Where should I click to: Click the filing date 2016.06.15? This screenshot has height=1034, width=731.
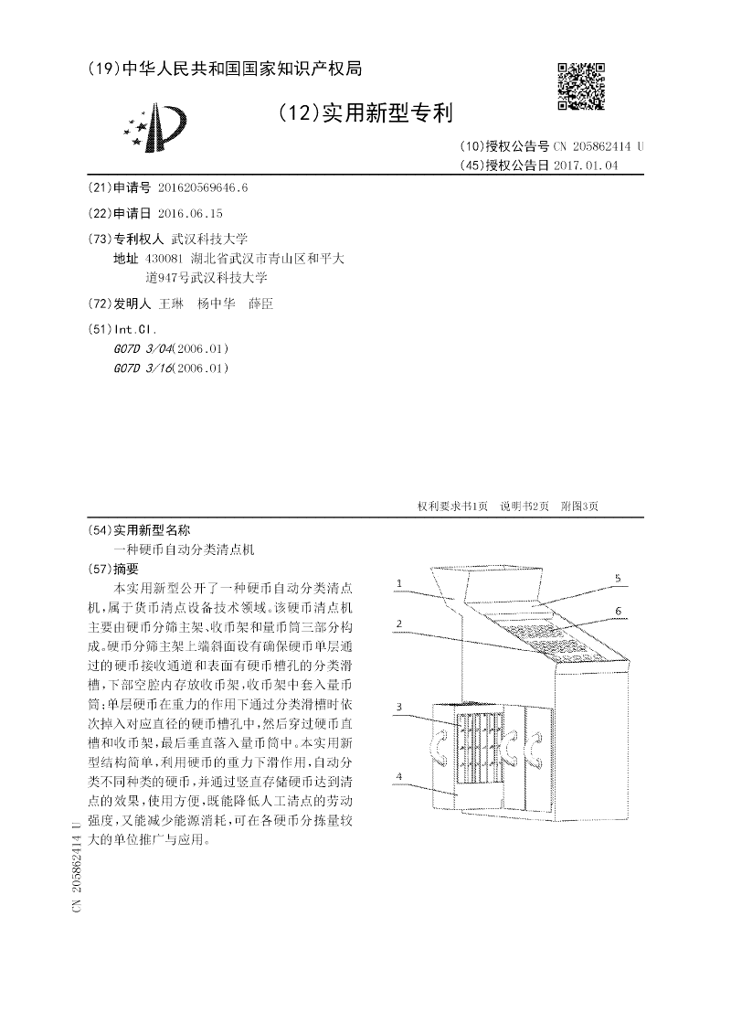click(x=190, y=213)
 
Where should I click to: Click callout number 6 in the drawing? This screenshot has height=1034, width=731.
click(x=618, y=610)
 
